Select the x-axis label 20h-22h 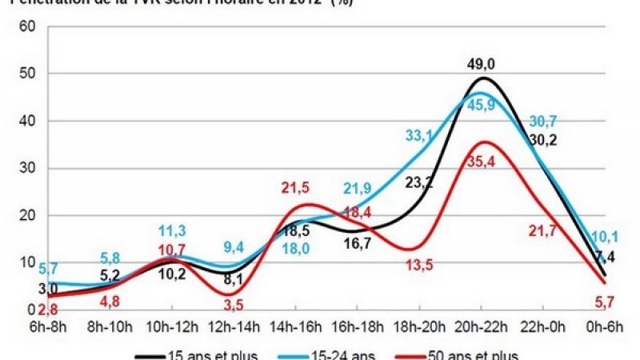click(482, 327)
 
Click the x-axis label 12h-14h click(233, 327)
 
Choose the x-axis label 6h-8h click(46, 327)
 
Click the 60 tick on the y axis click(27, 26)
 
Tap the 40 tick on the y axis click(27, 121)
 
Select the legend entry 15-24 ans click(350, 354)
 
